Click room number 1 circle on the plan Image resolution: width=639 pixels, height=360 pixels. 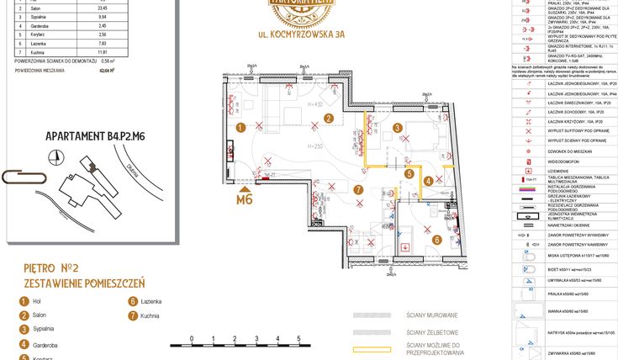(240, 128)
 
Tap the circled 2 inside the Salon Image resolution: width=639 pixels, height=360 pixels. (330, 119)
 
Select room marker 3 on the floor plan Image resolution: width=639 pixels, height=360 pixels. (397, 128)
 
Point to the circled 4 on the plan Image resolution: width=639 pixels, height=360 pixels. (427, 180)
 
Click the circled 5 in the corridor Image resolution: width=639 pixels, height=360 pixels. (409, 173)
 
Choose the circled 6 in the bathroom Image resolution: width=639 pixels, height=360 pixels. (437, 240)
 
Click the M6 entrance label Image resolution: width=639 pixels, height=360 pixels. (245, 199)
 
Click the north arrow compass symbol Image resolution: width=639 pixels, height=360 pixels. (56, 156)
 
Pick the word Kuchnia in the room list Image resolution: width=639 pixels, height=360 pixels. (151, 315)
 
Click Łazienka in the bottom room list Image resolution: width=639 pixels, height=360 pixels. (151, 300)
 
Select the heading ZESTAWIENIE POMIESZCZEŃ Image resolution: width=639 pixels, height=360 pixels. (84, 283)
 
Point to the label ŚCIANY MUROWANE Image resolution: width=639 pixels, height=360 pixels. (432, 315)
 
